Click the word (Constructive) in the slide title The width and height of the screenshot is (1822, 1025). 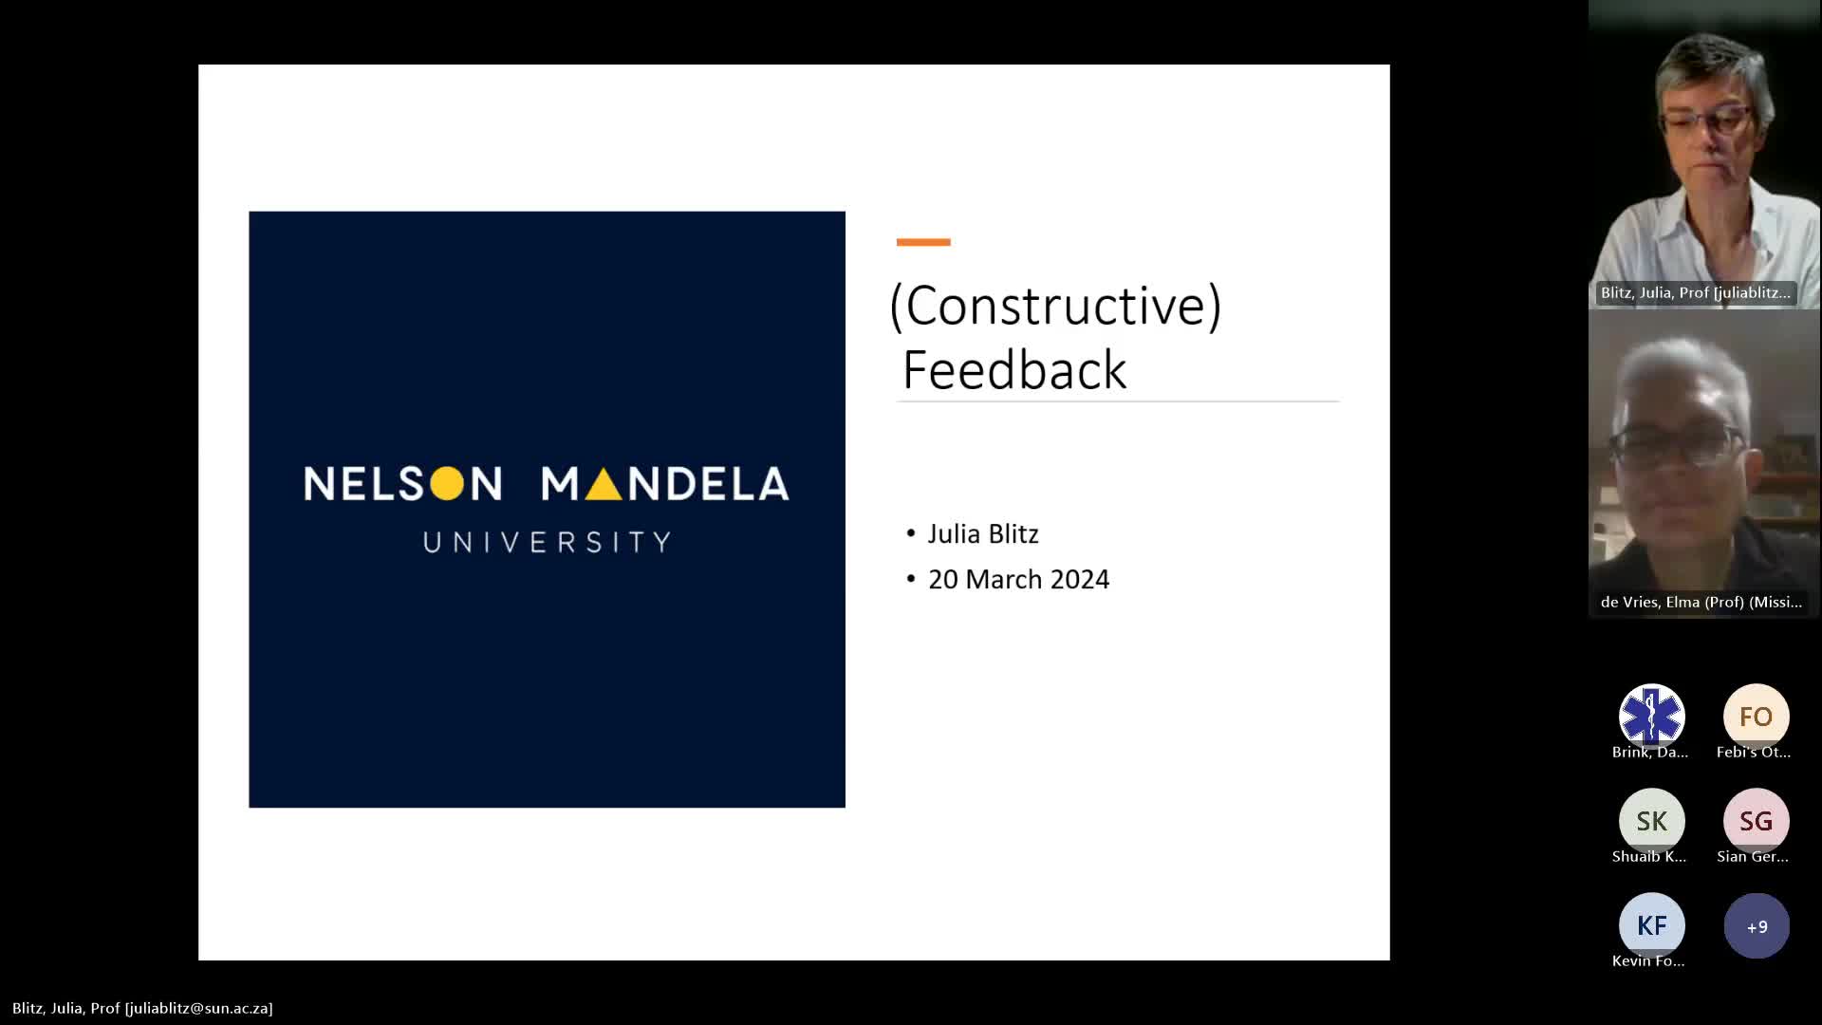[x=1055, y=307]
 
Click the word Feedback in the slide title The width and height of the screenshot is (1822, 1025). [x=1014, y=369]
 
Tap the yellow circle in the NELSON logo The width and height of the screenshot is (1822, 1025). [x=447, y=483]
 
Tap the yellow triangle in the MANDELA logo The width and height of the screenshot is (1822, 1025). [x=604, y=483]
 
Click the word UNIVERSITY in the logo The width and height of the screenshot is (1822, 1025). [x=548, y=542]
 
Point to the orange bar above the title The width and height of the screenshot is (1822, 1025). [x=923, y=242]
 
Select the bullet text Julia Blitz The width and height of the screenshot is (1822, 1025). [x=983, y=533]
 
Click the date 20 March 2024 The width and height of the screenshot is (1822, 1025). [x=1018, y=579]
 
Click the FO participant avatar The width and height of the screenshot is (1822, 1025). [x=1756, y=717]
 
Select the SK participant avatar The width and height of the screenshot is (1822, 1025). [x=1651, y=821]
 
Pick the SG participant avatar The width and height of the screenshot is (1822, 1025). [x=1756, y=821]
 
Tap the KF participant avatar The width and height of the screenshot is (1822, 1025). [x=1651, y=925]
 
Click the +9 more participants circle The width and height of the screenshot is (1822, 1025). [x=1757, y=926]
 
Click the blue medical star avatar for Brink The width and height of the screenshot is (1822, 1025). [x=1651, y=717]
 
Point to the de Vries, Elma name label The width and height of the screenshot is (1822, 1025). [x=1701, y=602]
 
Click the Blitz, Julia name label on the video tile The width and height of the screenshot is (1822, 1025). [x=1695, y=292]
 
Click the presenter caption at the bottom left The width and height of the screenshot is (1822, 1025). [x=142, y=1008]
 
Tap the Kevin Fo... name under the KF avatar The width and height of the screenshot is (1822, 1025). [x=1648, y=960]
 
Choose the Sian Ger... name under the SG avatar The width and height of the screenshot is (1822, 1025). [x=1753, y=856]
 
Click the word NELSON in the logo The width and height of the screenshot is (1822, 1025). [x=402, y=483]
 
